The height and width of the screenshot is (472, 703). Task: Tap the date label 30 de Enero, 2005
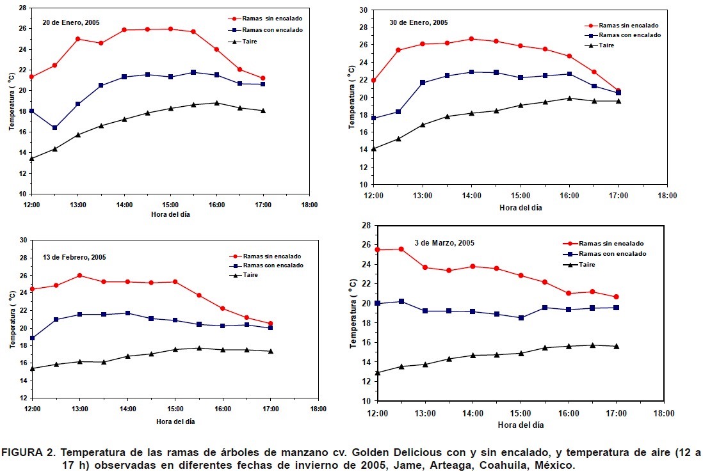pos(419,22)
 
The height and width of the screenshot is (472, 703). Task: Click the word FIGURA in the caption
pos(24,453)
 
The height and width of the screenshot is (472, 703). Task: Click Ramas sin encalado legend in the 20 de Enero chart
pos(268,19)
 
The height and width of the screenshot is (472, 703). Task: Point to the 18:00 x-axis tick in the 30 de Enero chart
pos(667,196)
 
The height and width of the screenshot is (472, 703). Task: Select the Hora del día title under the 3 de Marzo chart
pos(520,425)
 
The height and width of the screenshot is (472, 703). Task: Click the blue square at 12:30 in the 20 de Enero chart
pos(55,128)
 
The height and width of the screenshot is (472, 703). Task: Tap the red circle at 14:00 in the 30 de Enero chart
pos(471,39)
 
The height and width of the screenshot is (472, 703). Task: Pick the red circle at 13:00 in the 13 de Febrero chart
pos(79,276)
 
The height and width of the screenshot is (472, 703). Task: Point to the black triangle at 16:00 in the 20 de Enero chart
pos(216,102)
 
